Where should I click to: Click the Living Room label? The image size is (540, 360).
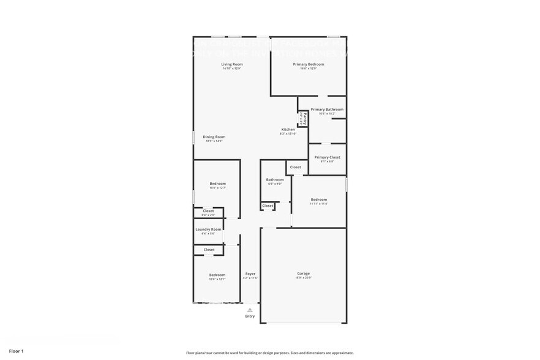click(x=232, y=64)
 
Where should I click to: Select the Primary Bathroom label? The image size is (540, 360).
click(x=327, y=110)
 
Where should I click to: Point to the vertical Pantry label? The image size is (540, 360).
click(x=304, y=118)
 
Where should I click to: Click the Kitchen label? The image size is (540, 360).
click(x=288, y=129)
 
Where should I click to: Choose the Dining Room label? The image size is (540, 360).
click(x=214, y=137)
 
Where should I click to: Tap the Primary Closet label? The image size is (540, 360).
click(x=327, y=157)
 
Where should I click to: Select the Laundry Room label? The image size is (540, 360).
click(x=208, y=230)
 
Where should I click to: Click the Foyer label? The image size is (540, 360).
click(x=250, y=274)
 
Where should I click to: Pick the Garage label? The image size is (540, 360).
click(x=304, y=274)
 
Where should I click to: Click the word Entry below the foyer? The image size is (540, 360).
click(x=250, y=317)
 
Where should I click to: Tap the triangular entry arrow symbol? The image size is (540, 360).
click(x=250, y=310)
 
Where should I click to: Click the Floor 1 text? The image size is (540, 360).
click(x=16, y=351)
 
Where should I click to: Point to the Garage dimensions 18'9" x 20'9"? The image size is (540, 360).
click(x=304, y=278)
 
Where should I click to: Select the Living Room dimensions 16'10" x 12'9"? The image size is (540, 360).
click(x=232, y=69)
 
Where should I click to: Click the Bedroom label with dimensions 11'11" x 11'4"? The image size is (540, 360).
click(x=318, y=200)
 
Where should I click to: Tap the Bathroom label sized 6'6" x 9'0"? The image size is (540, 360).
click(x=275, y=180)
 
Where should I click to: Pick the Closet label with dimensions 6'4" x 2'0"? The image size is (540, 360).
click(x=208, y=211)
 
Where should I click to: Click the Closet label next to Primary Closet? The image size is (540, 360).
click(x=295, y=167)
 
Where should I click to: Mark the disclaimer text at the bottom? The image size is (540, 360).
click(x=269, y=353)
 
